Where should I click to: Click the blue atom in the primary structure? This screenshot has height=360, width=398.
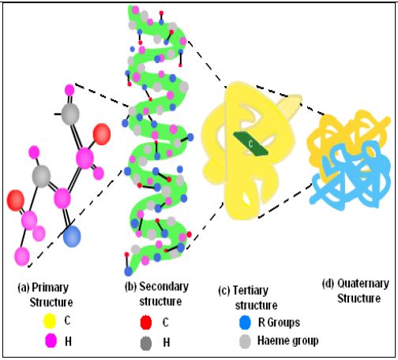click(x=72, y=236)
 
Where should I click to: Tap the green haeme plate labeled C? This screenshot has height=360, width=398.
click(x=250, y=144)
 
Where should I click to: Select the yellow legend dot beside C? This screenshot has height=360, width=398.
click(x=50, y=321)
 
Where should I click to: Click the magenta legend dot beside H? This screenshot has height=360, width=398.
click(x=51, y=341)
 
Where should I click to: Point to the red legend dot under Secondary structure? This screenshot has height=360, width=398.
click(x=146, y=322)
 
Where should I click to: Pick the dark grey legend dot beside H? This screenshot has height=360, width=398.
click(x=146, y=343)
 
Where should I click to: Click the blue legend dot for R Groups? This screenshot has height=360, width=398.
click(x=245, y=322)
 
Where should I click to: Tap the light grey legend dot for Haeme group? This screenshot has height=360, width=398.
click(x=245, y=341)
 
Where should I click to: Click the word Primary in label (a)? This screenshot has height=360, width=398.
click(x=50, y=287)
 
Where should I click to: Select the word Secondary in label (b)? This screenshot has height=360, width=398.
click(x=163, y=287)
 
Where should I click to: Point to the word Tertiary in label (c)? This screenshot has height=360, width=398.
click(x=250, y=291)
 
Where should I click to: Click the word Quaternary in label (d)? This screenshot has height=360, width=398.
click(x=363, y=283)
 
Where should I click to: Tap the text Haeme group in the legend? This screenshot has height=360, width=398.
click(x=288, y=341)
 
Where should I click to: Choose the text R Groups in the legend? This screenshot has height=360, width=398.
click(x=279, y=322)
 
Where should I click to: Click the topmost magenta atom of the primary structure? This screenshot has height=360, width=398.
click(x=69, y=90)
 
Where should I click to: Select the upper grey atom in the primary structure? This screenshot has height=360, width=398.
click(x=70, y=114)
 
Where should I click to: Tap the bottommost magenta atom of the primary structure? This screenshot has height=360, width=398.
click(x=21, y=257)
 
